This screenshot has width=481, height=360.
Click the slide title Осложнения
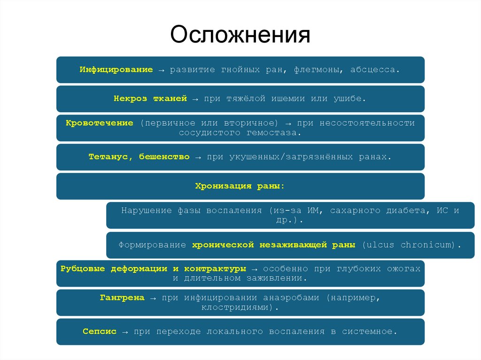240,35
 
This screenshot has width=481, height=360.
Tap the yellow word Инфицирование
116,69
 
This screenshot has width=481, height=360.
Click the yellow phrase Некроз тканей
150,99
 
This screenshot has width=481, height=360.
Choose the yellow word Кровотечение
100,123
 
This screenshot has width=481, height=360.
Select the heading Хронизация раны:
240,186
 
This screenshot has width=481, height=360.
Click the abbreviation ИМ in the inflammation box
314,210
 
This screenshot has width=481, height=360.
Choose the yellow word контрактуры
215,268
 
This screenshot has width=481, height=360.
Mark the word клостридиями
238,307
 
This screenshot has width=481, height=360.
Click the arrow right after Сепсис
125,332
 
